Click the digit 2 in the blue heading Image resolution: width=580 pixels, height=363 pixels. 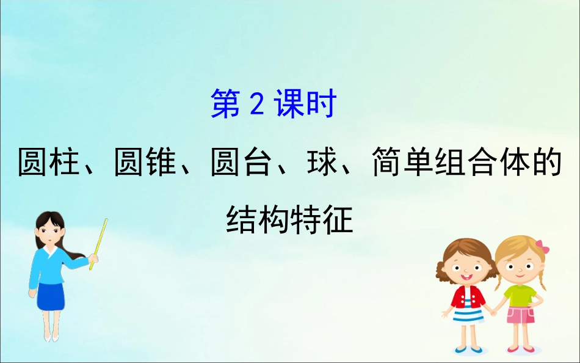point(256,105)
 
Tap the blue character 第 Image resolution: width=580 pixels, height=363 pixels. point(227,105)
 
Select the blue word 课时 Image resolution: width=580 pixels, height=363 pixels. point(305,105)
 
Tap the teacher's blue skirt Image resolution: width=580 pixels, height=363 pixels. point(50,296)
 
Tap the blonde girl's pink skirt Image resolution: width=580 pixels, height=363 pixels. point(520,317)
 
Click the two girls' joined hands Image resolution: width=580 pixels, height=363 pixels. point(493,310)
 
